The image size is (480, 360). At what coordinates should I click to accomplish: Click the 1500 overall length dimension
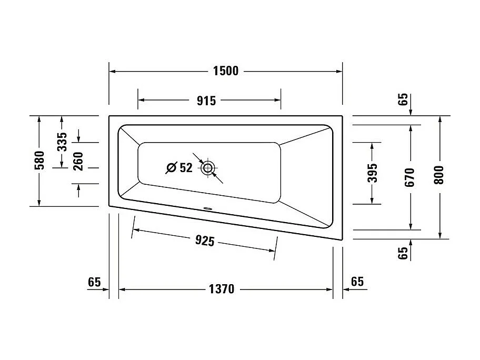[x=225, y=71]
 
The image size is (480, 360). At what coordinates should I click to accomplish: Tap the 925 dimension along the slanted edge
[x=205, y=241]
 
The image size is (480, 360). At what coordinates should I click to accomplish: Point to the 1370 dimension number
[x=221, y=289]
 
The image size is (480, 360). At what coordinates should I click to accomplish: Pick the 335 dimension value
[x=62, y=142]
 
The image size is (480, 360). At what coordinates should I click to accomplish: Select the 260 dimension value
[x=78, y=162]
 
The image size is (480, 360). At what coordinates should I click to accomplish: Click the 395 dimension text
[x=372, y=173]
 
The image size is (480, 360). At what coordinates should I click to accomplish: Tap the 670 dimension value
[x=411, y=177]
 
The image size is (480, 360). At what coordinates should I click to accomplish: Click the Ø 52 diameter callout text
[x=179, y=168]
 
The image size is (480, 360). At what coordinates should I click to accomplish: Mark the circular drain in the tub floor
[x=208, y=168]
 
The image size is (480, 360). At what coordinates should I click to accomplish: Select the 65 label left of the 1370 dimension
[x=94, y=282]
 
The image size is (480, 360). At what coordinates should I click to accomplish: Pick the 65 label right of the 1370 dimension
[x=357, y=282]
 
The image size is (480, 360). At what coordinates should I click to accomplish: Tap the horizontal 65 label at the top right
[x=403, y=99]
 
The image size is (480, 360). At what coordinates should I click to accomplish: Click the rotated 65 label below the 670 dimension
[x=404, y=253]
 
